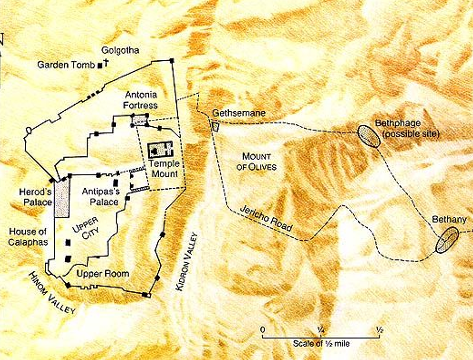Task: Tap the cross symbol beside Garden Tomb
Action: point(106,64)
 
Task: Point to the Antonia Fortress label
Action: point(142,100)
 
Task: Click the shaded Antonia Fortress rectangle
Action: point(140,120)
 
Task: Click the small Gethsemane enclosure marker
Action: point(215,126)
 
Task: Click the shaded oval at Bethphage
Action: point(369,136)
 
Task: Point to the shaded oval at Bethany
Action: point(447,240)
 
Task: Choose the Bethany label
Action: point(442,219)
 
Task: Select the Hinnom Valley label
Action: point(52,294)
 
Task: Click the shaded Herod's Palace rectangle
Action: point(61,198)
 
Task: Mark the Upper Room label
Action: point(103,274)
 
